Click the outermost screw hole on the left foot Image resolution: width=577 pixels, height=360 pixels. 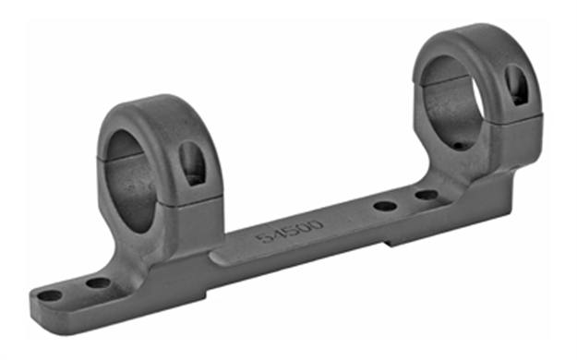pos(50,295)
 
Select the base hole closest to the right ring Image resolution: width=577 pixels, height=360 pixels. pos(426,195)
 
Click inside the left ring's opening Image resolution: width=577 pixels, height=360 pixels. pos(128,175)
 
